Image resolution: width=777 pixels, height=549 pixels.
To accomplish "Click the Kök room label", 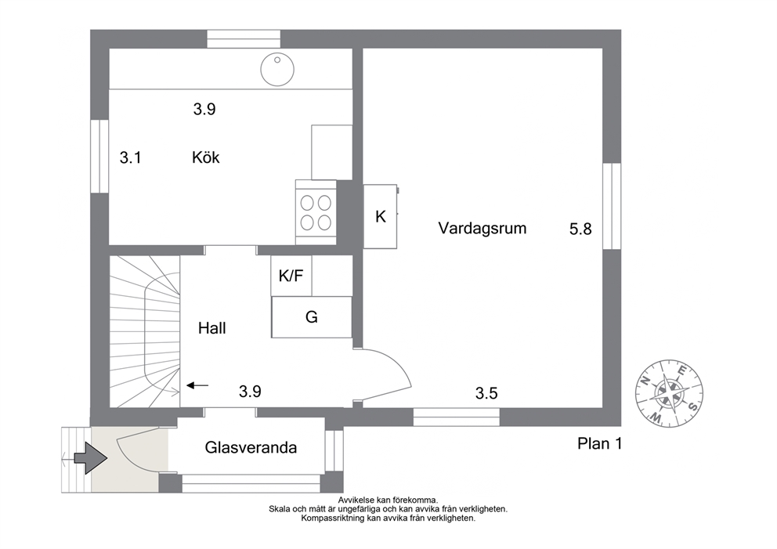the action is coord(206,157).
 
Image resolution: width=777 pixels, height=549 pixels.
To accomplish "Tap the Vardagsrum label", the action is coord(482,229).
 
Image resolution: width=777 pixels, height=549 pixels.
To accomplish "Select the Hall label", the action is coord(212,328).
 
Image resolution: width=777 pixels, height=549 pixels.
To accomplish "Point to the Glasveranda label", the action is coord(251,447).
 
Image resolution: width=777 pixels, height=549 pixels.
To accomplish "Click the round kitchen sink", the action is coord(277,69).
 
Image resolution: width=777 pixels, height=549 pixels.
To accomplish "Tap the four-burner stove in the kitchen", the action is coord(316,212).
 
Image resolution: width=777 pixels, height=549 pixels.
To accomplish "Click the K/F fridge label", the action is coord(291,276).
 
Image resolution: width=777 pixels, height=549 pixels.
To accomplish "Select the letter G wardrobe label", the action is coord(311,316).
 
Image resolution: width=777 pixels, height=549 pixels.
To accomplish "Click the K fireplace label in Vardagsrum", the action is coord(381,216).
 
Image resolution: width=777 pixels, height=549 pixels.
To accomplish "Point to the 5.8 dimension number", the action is coord(580,229).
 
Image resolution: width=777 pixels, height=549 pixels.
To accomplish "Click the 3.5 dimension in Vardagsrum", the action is coord(486,393).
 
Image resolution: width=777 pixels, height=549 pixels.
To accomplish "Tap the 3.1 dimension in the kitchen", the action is coord(130,157).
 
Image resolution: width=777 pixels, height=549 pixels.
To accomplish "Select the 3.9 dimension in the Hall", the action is coord(250,392).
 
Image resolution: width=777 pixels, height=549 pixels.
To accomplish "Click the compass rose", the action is coord(670,393).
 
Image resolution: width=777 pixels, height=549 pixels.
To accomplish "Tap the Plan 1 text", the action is coord(600,443).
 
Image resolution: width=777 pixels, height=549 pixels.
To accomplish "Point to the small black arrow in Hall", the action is coord(197,385).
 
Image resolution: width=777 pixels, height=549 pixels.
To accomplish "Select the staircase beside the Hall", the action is coord(145,331).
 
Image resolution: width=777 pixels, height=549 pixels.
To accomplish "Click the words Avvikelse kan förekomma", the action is coord(388,500).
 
